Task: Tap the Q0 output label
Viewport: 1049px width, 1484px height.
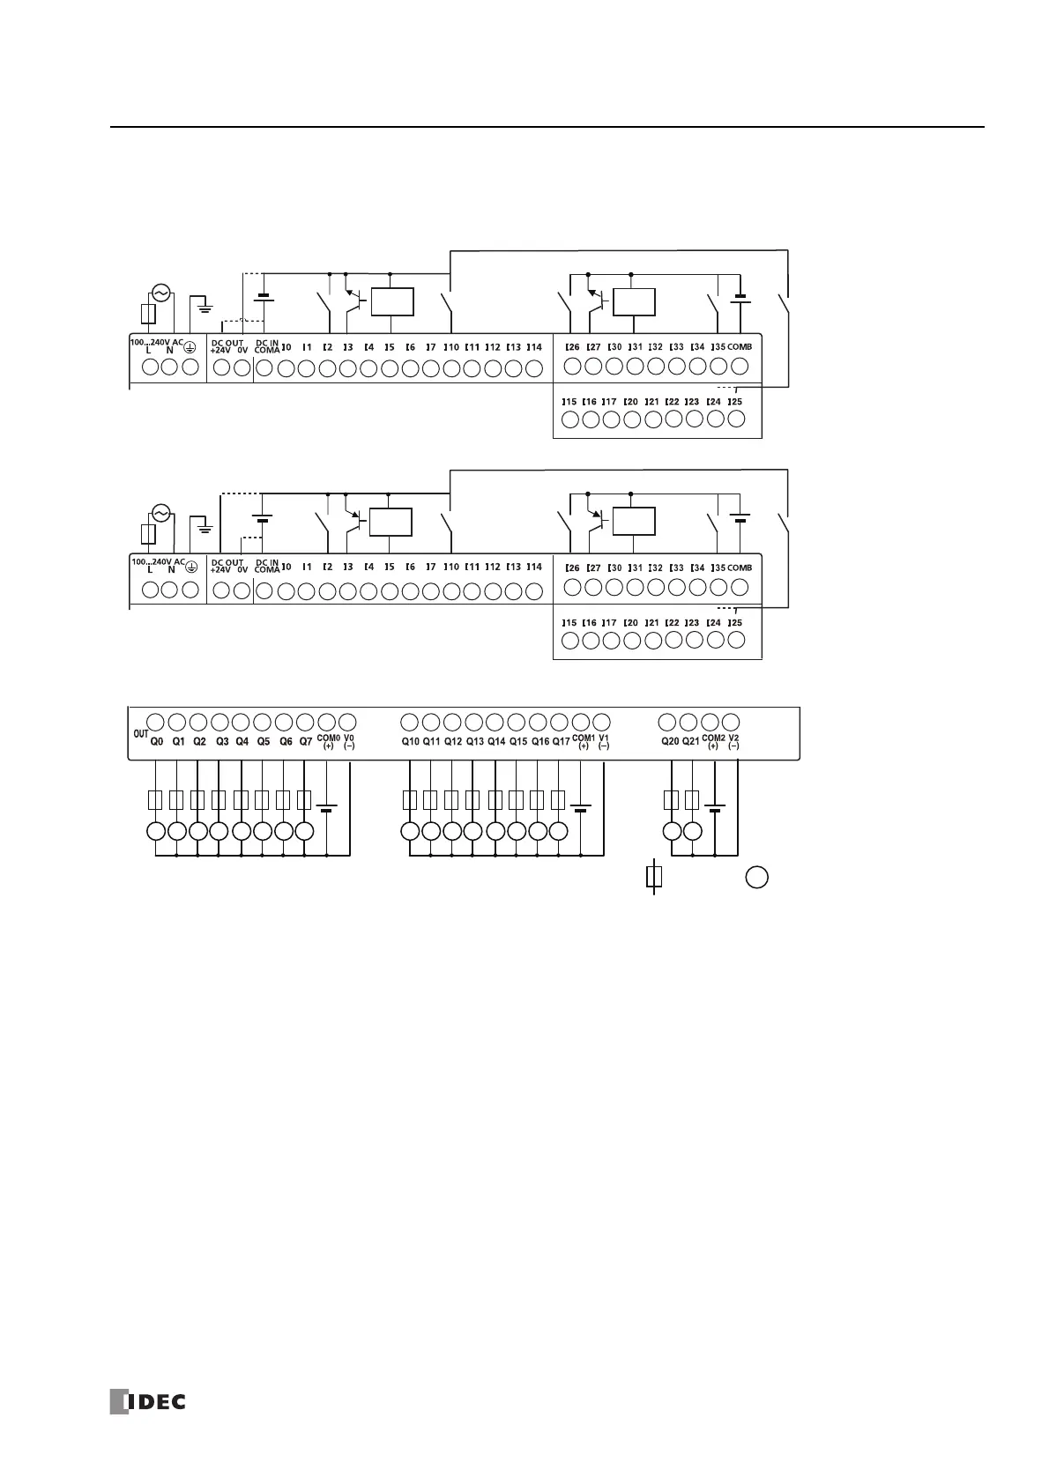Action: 156,742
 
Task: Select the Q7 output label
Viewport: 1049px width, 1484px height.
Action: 306,742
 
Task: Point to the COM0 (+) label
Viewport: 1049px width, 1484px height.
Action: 328,742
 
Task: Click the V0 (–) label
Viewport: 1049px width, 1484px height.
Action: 349,742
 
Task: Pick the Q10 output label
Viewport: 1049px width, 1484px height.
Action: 410,742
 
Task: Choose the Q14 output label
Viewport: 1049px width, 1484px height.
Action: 496,742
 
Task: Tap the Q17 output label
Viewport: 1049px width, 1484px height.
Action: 561,742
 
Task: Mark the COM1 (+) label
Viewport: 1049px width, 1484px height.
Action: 583,742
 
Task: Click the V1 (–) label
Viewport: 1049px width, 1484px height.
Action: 604,742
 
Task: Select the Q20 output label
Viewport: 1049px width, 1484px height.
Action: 671,742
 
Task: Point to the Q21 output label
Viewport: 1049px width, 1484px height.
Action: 691,742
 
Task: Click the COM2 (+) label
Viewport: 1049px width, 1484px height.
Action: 713,742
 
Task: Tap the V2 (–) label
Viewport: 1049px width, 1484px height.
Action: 734,742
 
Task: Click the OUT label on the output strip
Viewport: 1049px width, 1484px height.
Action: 139,733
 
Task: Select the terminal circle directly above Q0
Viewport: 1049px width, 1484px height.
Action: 155,721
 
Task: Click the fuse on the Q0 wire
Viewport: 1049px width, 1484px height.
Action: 155,800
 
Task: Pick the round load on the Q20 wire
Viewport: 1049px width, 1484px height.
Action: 672,831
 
